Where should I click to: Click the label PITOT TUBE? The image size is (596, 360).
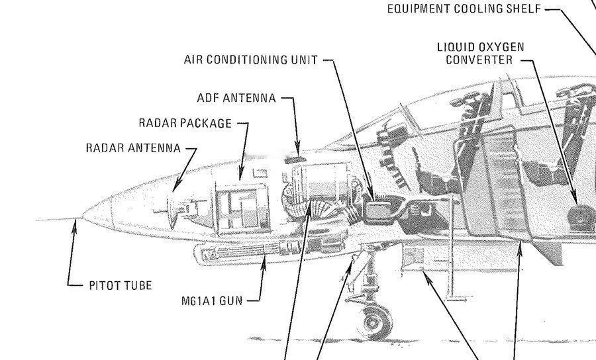pyautogui.click(x=121, y=286)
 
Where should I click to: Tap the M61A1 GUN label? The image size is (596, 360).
pyautogui.click(x=212, y=301)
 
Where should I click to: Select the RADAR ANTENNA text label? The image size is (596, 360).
pyautogui.click(x=133, y=148)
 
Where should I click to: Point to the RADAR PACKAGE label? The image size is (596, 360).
pyautogui.click(x=185, y=123)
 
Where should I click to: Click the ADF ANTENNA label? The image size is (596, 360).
pyautogui.click(x=236, y=98)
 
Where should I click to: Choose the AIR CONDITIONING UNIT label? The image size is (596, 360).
pyautogui.click(x=251, y=60)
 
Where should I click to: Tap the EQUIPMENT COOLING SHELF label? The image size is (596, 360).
pyautogui.click(x=464, y=9)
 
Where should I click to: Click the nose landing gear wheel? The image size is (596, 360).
pyautogui.click(x=375, y=322)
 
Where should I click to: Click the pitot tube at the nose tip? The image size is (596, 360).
pyautogui.click(x=59, y=220)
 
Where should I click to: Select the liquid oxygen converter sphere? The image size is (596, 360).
pyautogui.click(x=580, y=218)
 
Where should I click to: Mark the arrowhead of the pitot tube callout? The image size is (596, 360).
pyautogui.click(x=74, y=227)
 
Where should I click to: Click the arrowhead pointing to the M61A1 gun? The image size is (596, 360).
pyautogui.click(x=264, y=263)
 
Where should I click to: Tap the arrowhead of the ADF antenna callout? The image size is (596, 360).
pyautogui.click(x=297, y=148)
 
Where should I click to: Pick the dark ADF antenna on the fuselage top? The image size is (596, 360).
pyautogui.click(x=295, y=160)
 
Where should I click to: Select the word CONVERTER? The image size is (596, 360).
pyautogui.click(x=479, y=60)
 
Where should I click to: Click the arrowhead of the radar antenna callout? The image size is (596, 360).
pyautogui.click(x=176, y=186)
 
